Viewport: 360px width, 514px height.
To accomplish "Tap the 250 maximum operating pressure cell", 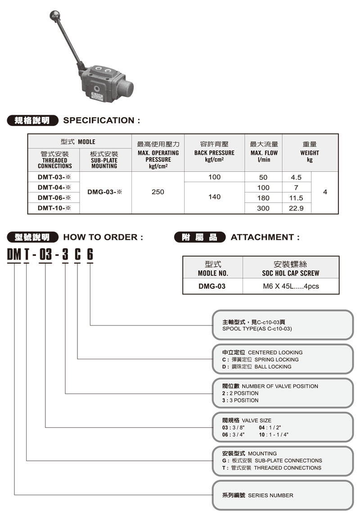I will (158, 192).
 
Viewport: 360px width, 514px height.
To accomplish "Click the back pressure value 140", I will (215, 197).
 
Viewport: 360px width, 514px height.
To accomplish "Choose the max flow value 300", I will (264, 208).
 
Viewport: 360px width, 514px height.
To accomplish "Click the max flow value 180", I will (264, 198).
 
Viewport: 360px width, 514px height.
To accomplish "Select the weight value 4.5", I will (297, 177).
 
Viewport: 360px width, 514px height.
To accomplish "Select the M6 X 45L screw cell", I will (291, 286).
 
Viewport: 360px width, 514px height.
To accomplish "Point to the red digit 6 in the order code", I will (90, 255).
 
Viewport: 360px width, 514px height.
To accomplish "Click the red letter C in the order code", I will (78, 255).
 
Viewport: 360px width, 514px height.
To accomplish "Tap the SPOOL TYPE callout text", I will (257, 329).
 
